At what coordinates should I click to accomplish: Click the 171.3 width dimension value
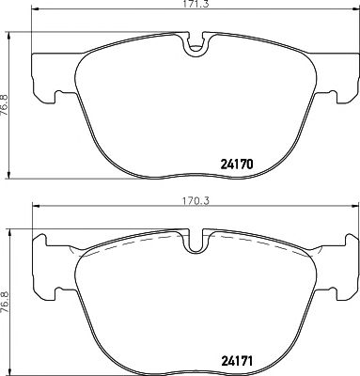click(195, 7)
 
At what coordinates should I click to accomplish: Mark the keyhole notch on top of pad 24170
click(195, 42)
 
